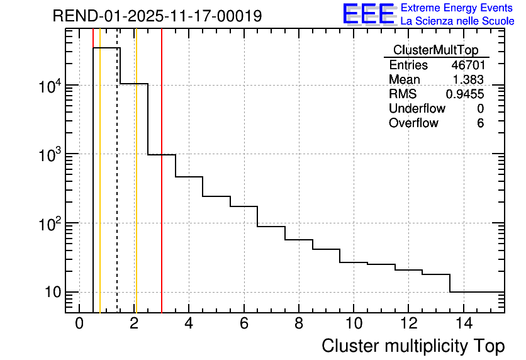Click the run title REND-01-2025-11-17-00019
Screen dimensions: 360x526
pyautogui.click(x=157, y=16)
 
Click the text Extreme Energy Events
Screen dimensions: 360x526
pyautogui.click(x=457, y=8)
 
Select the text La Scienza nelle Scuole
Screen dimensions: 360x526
pyautogui.click(x=457, y=21)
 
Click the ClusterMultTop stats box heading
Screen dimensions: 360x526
pyautogui.click(x=435, y=50)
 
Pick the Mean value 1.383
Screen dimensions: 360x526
pyautogui.click(x=469, y=79)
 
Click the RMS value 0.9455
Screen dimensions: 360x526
pyautogui.click(x=465, y=94)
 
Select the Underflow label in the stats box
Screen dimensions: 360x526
pyautogui.click(x=417, y=108)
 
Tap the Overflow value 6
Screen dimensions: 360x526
pyautogui.click(x=480, y=123)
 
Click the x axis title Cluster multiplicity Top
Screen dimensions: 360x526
pyautogui.click(x=413, y=346)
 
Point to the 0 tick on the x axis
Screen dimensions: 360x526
pyautogui.click(x=79, y=323)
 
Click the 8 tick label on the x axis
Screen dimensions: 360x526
pyautogui.click(x=299, y=323)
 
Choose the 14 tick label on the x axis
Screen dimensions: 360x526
pyautogui.click(x=463, y=323)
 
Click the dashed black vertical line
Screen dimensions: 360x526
pyautogui.click(x=117, y=189)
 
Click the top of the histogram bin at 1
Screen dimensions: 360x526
pyautogui.click(x=106, y=48)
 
